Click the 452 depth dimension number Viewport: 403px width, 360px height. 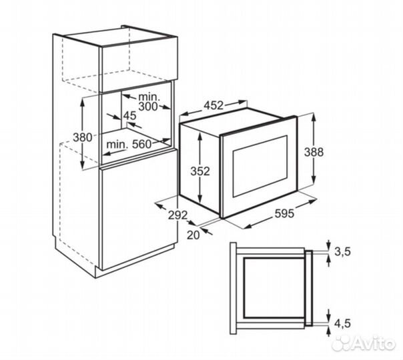point(214,105)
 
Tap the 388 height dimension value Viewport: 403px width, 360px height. point(314,152)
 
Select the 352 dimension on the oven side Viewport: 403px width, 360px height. point(200,171)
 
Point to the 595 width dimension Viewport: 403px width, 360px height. point(284,213)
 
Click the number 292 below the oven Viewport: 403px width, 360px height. point(178,215)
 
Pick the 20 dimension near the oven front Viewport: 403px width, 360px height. point(193,235)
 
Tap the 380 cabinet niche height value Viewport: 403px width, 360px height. point(82,137)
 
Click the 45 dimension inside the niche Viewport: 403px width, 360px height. point(130,116)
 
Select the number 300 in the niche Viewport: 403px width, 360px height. point(148,106)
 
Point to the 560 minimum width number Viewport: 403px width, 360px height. point(141,144)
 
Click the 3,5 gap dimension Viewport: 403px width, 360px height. point(342,252)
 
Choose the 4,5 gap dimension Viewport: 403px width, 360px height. point(342,323)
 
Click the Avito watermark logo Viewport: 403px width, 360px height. point(363,343)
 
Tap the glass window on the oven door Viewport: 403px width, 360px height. point(260,166)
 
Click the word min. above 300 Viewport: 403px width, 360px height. point(149,97)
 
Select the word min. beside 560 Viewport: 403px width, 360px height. point(117,144)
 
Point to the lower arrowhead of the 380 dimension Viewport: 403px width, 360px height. point(82,164)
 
